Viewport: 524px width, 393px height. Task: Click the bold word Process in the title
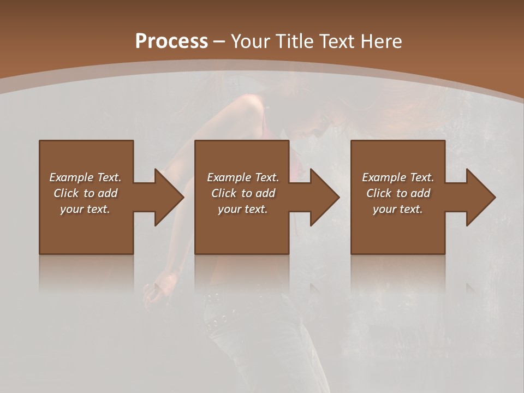(x=171, y=41)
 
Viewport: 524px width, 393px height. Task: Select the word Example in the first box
(x=72, y=177)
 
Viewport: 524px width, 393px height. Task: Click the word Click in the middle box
(x=223, y=193)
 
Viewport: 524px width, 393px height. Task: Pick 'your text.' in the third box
(x=398, y=209)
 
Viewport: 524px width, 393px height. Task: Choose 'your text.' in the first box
(x=85, y=209)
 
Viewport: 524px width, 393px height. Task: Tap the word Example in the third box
(x=384, y=177)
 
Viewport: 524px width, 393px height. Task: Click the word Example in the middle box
(x=229, y=177)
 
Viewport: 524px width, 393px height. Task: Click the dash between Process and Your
(x=219, y=41)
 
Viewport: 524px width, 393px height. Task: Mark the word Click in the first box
(x=66, y=193)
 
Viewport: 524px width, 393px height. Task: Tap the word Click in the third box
(x=379, y=193)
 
